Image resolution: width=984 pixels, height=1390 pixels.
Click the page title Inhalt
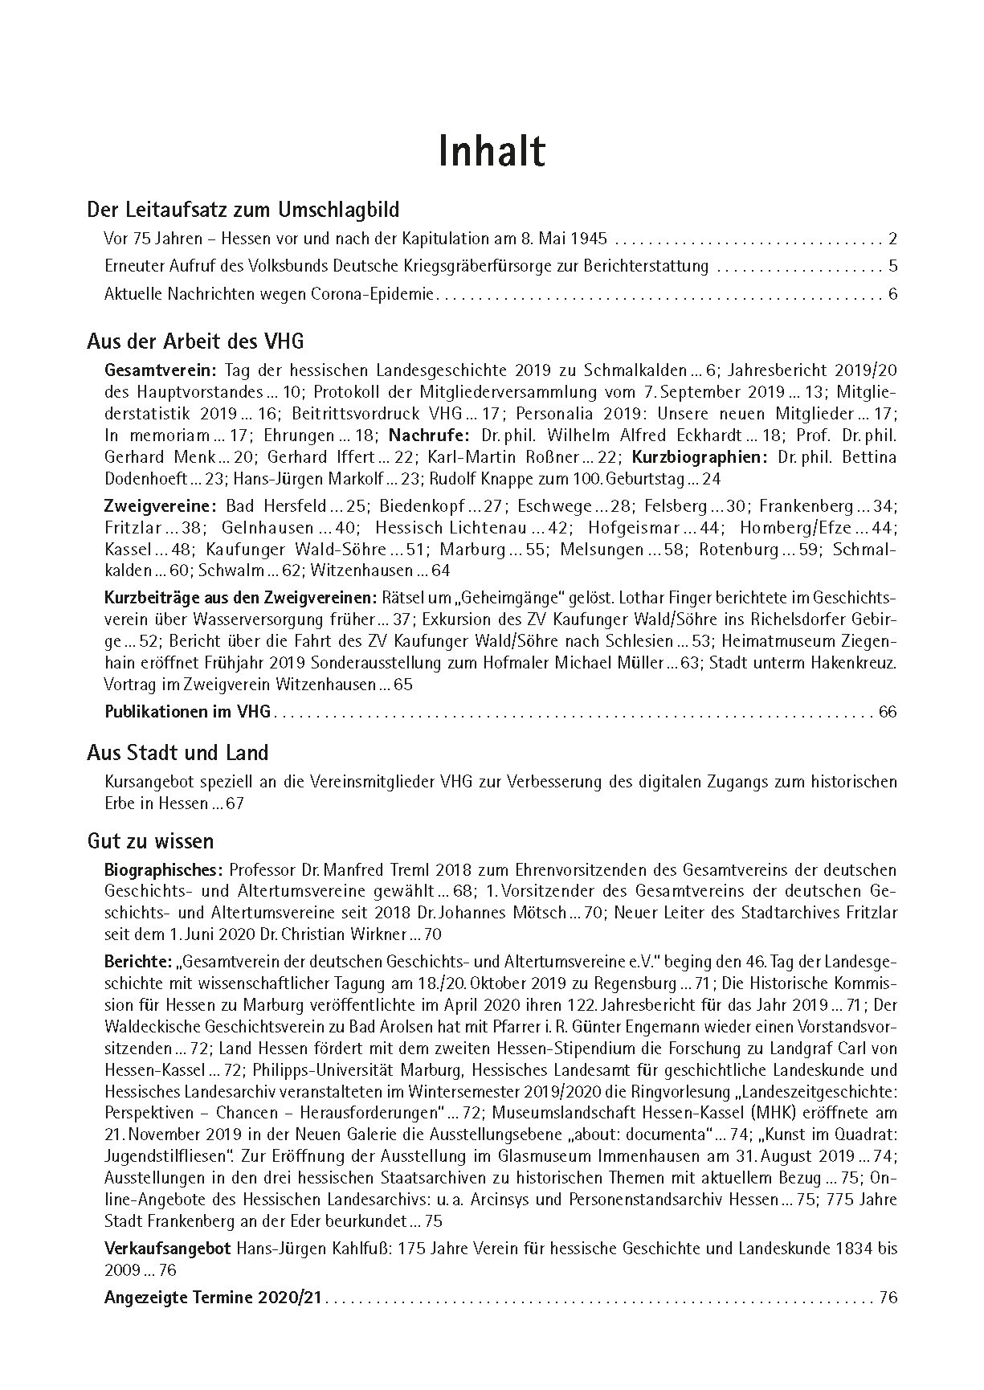[x=492, y=151]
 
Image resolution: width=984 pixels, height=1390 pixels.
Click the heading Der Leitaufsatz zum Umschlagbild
[x=243, y=211]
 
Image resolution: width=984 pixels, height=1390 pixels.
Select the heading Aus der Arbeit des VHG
[x=195, y=341]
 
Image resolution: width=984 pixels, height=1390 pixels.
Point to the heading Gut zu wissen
[x=150, y=841]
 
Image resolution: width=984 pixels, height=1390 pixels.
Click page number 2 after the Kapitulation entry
[x=892, y=239]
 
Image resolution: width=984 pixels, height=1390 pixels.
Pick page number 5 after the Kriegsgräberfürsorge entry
[x=892, y=266]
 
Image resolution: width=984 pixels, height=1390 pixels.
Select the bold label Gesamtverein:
[x=161, y=370]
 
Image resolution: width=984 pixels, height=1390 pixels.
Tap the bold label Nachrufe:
[x=430, y=435]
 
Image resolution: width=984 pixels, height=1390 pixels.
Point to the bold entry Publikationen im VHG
[x=188, y=711]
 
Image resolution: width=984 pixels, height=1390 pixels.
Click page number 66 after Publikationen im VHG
[x=887, y=711]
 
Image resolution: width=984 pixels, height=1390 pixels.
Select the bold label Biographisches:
[x=163, y=869]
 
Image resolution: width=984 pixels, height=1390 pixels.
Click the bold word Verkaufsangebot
[x=168, y=1249]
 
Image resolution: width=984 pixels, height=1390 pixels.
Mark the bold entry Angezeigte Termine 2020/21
[x=212, y=1298]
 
